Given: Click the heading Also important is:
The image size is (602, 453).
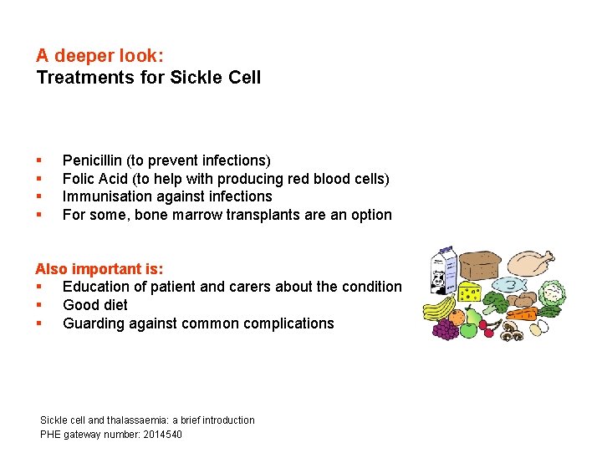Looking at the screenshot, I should click(99, 269).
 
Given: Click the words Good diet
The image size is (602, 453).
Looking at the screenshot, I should click(95, 305).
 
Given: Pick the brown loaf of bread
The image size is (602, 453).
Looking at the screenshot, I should click(479, 267).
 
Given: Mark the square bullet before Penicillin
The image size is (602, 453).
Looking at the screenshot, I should click(38, 160).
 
